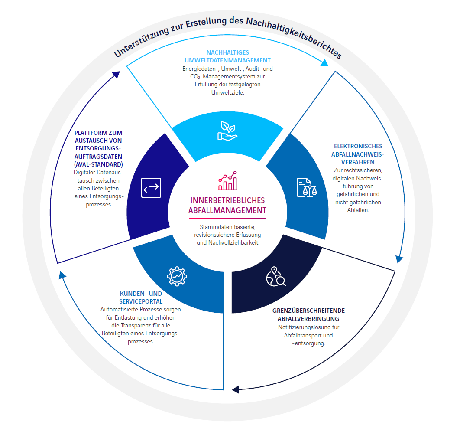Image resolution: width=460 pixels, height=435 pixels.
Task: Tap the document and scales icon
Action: tap(307, 187)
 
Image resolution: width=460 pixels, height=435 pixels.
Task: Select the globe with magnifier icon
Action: tap(276, 276)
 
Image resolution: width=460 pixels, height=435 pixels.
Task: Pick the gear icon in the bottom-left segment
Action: tap(177, 276)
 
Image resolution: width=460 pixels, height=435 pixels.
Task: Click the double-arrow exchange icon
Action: tap(151, 188)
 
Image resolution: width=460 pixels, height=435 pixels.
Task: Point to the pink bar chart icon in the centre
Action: tap(228, 181)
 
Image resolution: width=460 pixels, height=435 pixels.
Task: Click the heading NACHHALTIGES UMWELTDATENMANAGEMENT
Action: tap(228, 56)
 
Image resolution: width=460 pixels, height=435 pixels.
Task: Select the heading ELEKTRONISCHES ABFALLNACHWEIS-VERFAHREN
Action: tap(358, 154)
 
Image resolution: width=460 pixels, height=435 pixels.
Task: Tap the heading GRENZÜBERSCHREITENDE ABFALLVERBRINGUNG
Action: tap(309, 314)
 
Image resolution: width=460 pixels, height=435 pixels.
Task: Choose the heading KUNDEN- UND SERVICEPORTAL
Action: tap(141, 298)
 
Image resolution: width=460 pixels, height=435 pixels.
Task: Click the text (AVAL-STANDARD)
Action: tap(98, 164)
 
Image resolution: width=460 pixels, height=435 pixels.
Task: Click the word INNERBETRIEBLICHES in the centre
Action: tap(228, 200)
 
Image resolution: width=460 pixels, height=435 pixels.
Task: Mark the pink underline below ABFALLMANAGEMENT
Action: tap(228, 219)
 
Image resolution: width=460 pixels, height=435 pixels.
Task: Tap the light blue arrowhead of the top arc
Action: tap(324, 63)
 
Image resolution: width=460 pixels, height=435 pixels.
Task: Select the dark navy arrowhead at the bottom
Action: tap(236, 389)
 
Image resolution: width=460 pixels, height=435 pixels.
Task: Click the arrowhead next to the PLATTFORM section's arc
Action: tap(117, 75)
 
